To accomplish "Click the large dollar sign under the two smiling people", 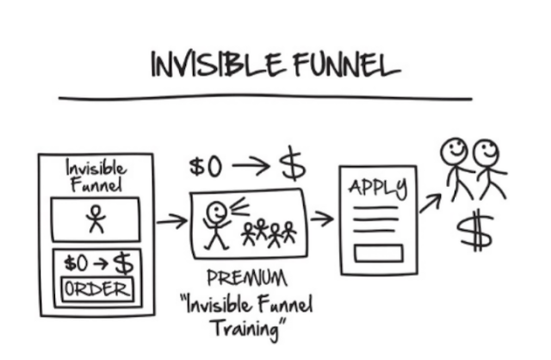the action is [x=472, y=231].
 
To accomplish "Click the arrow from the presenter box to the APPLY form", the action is [x=322, y=219].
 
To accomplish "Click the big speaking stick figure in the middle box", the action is [x=217, y=222].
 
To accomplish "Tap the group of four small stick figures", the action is [x=269, y=232].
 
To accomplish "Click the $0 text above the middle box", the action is [x=206, y=165].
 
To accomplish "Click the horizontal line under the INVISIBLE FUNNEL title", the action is [x=267, y=96].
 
